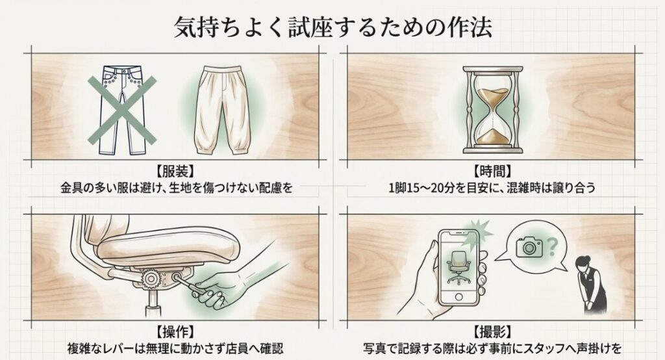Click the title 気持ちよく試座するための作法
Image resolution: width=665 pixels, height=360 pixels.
[332, 27]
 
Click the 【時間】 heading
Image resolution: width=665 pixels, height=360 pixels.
[492, 172]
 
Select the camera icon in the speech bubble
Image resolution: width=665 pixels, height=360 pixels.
[529, 246]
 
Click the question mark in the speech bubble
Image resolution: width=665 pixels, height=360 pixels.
[552, 246]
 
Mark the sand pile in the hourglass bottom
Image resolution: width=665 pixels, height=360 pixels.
[490, 136]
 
